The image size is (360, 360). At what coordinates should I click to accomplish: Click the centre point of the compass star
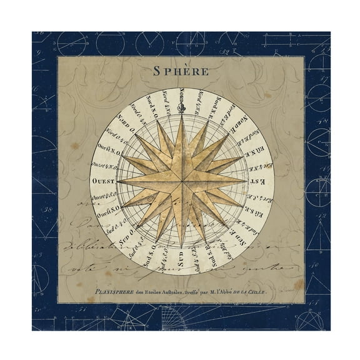pos(181,180)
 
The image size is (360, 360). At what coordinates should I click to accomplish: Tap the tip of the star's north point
pos(181,117)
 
